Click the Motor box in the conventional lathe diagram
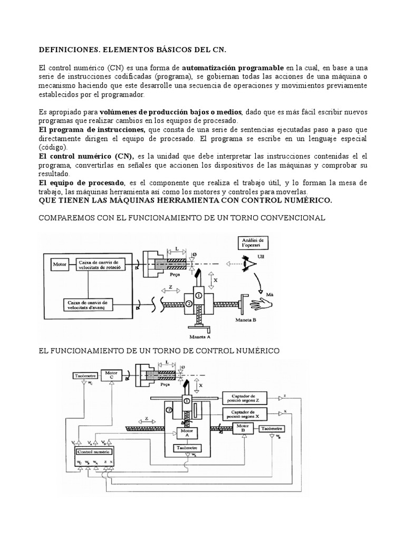pos(59,263)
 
